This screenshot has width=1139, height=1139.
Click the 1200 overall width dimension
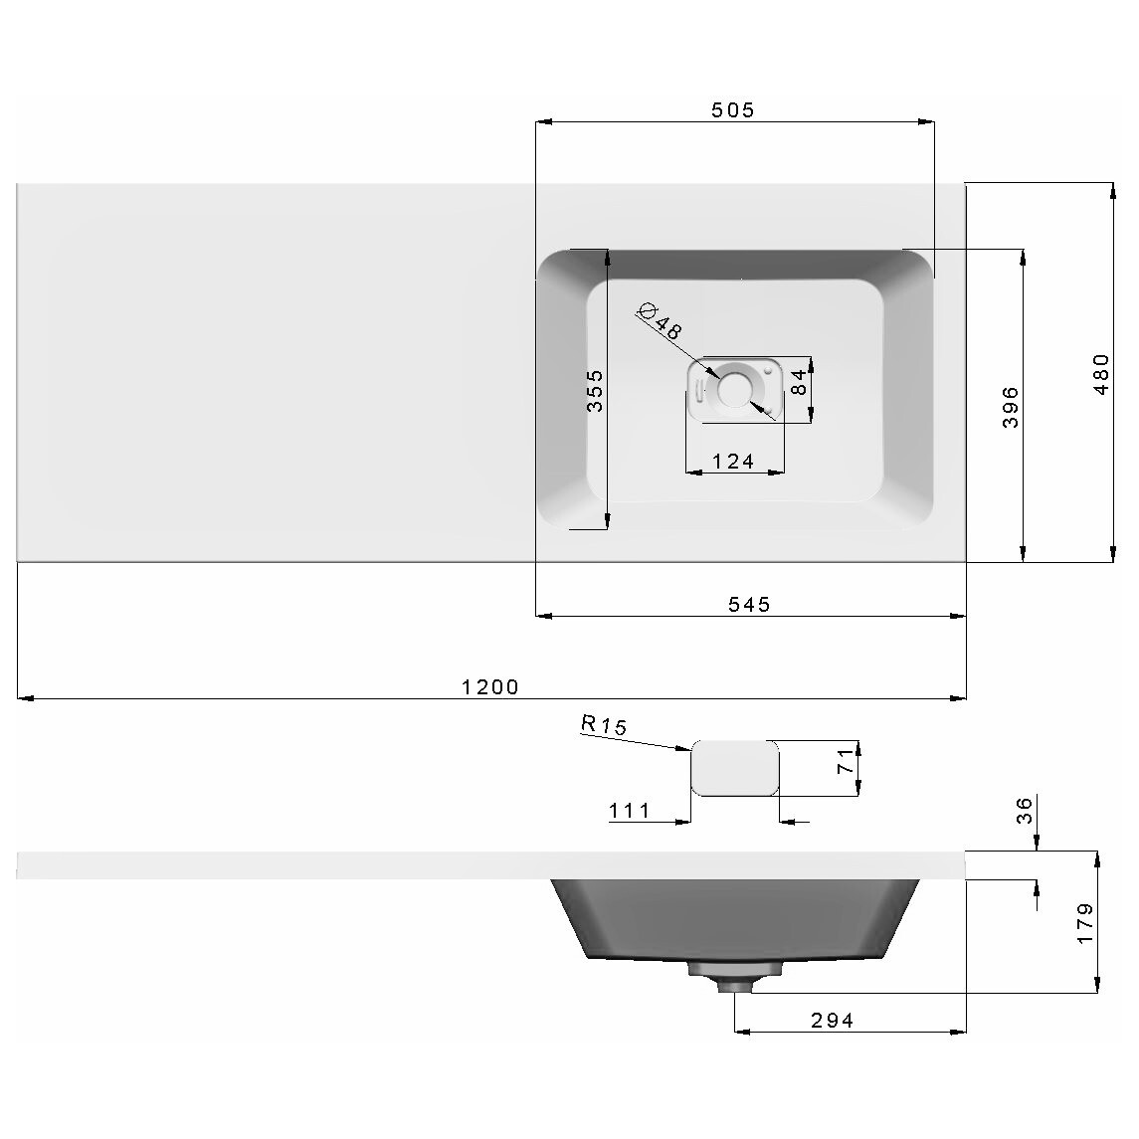(490, 687)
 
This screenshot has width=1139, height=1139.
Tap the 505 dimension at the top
(733, 110)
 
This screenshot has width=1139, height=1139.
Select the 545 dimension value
(749, 605)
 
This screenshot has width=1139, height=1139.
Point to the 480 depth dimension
(1101, 374)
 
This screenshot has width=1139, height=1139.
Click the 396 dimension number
(1010, 407)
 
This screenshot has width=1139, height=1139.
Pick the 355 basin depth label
(594, 391)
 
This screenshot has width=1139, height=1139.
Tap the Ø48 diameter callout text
(660, 321)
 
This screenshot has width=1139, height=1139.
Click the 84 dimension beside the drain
(798, 382)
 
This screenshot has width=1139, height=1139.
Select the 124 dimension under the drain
(733, 462)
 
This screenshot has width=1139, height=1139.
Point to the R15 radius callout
(604, 725)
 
